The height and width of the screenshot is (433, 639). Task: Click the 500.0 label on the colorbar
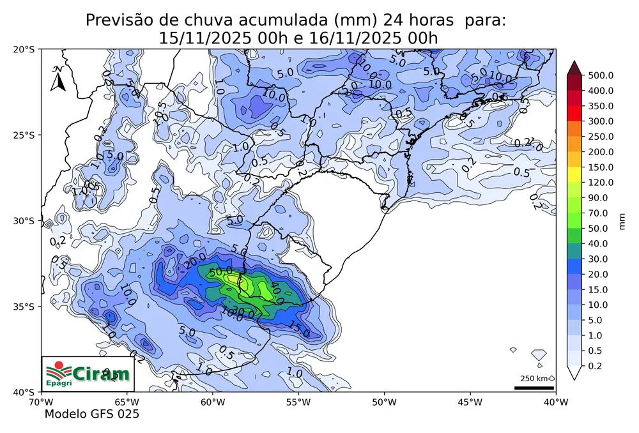[601, 75]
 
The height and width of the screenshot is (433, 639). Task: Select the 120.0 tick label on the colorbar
[601, 183]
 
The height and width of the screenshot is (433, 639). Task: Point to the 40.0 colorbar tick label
[598, 244]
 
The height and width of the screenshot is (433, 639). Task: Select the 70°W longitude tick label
[41, 402]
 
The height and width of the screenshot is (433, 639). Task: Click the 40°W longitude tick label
[555, 402]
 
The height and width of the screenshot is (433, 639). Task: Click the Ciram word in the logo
[101, 373]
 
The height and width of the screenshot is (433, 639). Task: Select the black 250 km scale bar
[534, 388]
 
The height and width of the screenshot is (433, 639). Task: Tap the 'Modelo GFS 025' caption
[91, 414]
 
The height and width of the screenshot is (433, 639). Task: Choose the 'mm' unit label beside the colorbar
[622, 220]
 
